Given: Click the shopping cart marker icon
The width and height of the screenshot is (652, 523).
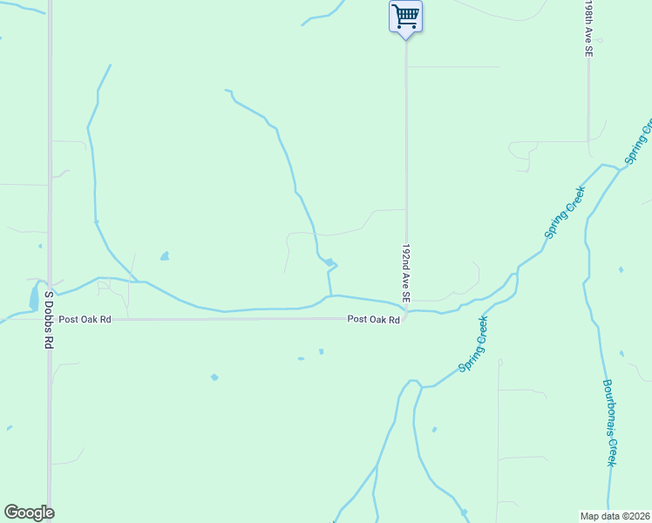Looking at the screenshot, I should pos(405,16).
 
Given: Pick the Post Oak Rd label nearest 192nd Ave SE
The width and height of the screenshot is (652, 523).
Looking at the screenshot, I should pos(373,319).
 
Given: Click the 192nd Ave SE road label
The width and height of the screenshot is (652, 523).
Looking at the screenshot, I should pos(405,274).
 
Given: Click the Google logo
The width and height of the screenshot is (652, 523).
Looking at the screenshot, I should pos(29,513).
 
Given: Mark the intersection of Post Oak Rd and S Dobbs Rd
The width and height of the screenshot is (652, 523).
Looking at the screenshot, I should pos(50,319).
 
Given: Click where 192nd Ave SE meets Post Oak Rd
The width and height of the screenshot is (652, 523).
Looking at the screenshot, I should pos(406,316).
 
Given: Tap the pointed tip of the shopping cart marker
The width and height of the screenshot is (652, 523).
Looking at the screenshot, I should pos(405,39).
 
